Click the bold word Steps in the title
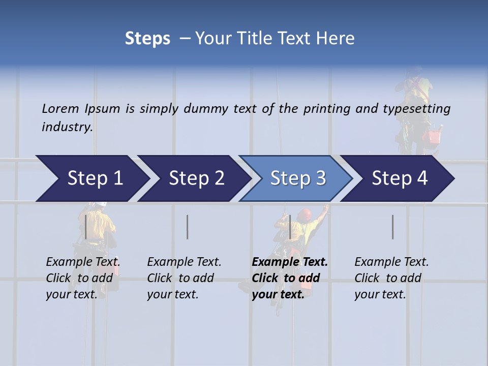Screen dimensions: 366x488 147,39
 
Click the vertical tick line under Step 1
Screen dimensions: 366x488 86,227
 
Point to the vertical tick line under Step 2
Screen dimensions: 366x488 188,227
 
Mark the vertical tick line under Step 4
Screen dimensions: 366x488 393,227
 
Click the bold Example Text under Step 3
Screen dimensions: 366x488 290,278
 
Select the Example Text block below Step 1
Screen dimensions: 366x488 83,278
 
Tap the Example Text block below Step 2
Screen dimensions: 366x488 184,278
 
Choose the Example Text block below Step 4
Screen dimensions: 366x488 391,278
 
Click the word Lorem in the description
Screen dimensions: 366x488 60,108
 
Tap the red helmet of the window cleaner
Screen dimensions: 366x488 305,213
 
